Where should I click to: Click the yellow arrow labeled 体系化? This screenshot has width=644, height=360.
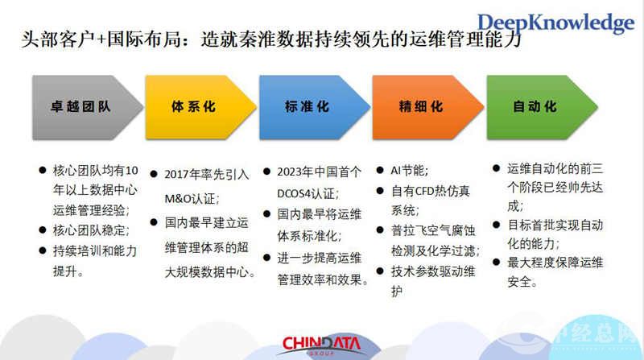click(196, 106)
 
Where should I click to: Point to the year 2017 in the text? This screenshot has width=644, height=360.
click(178, 174)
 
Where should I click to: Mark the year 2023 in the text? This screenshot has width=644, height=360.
click(291, 172)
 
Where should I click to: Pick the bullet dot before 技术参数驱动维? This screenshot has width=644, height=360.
click(381, 271)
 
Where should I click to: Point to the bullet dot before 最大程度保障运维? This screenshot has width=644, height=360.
click(496, 262)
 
